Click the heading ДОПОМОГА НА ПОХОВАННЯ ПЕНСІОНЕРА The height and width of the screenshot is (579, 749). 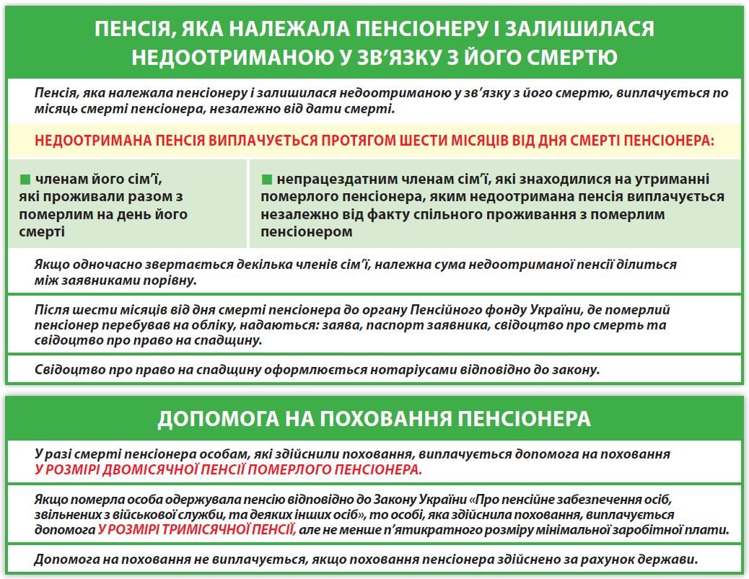click(374, 419)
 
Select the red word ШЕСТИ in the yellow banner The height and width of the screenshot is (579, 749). click(414, 140)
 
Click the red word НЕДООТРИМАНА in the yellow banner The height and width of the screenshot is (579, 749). click(84, 140)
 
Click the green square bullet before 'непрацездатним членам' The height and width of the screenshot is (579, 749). click(266, 178)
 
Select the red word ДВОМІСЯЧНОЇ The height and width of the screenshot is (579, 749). click(166, 469)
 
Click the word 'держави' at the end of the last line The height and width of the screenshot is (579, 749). click(673, 560)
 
